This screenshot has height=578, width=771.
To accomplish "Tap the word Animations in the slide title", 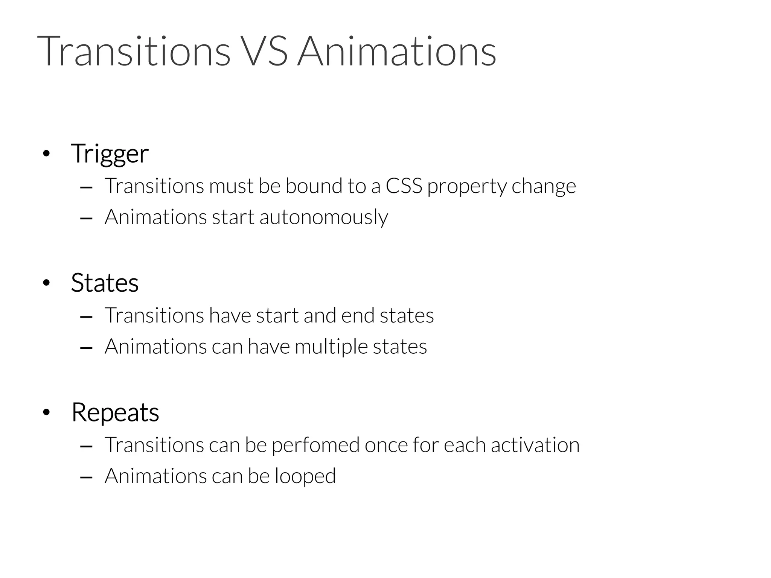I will tap(396, 51).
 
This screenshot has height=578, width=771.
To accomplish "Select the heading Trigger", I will tap(110, 154).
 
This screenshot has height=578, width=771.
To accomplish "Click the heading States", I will tap(105, 283).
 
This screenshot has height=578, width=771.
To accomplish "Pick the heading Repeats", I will tap(115, 412).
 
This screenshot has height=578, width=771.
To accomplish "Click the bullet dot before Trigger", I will tap(46, 154).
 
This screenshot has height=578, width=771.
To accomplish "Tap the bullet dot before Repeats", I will tap(46, 413).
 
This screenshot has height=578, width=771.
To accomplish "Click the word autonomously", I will tap(323, 218).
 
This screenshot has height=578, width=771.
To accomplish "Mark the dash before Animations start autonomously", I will tap(87, 218).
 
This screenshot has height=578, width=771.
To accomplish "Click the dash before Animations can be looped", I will tap(87, 477).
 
